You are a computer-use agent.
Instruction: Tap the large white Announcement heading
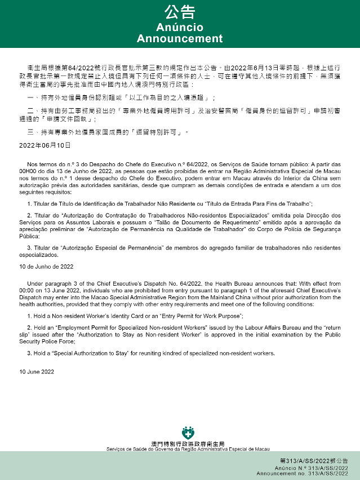[180, 39]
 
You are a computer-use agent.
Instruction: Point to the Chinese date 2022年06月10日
[45, 145]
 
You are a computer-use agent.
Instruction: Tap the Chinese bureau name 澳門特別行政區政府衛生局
[188, 443]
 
